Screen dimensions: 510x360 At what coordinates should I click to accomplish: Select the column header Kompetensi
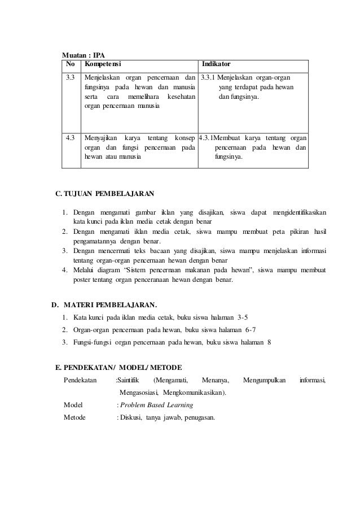[x=102, y=64]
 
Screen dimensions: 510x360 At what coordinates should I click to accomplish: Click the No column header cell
[x=71, y=64]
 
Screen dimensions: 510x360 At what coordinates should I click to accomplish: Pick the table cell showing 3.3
[x=71, y=77]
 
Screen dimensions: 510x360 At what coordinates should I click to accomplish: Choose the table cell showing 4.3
[x=71, y=138]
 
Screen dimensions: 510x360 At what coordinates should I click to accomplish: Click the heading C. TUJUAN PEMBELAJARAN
[x=104, y=195]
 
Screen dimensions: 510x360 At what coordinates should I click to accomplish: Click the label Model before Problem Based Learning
[x=73, y=406]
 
